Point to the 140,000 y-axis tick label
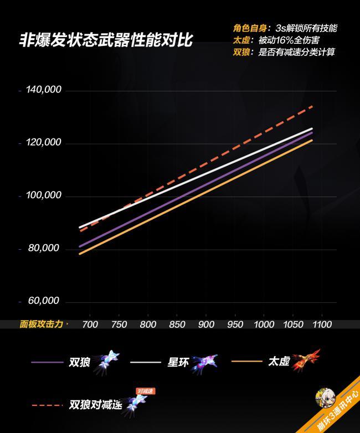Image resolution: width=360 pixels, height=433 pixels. click(44, 90)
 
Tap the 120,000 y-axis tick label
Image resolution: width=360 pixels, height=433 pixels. click(44, 142)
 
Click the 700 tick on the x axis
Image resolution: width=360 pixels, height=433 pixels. click(90, 324)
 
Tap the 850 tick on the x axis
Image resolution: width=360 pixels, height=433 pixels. click(177, 324)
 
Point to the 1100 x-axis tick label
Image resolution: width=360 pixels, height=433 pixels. click(322, 324)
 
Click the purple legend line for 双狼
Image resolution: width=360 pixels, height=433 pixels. click(47, 362)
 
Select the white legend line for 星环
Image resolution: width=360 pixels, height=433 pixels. click(146, 362)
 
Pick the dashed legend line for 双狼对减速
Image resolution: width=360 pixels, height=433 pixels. click(47, 405)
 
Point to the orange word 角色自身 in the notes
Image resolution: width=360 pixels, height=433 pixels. click(250, 28)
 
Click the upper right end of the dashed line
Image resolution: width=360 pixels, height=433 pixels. click(312, 106)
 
